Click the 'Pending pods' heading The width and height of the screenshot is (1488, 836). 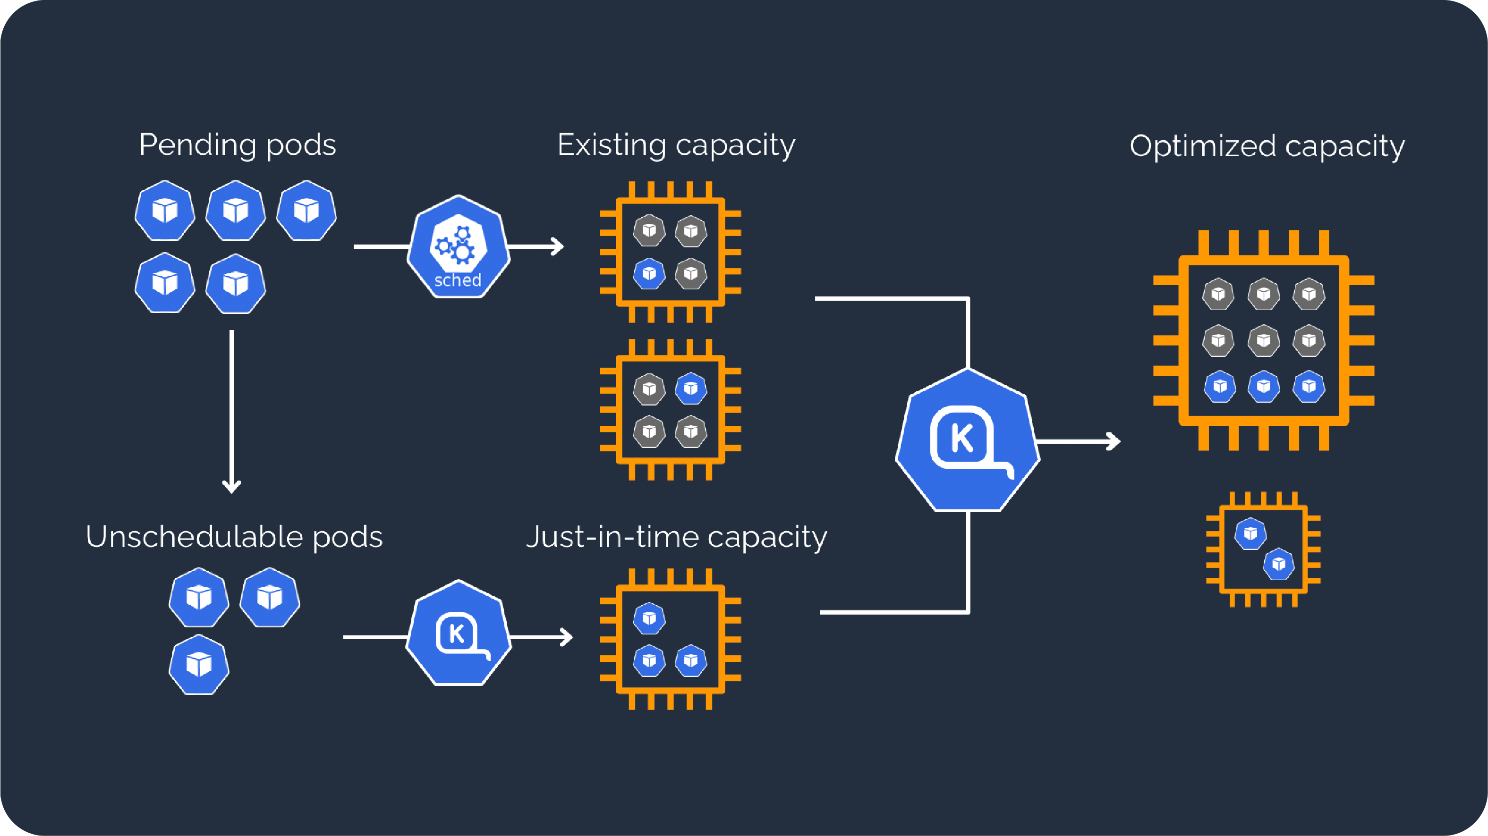coord(238,145)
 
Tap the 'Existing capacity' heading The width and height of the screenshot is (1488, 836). coord(676,145)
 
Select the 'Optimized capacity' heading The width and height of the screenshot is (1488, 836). coord(1267,146)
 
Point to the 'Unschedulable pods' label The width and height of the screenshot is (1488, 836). coord(234,537)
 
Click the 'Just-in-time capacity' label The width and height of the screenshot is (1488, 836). coord(676,537)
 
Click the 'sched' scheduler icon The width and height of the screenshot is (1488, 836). coord(459,247)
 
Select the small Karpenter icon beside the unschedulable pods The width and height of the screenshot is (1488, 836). coord(459,633)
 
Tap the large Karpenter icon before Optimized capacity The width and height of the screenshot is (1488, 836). coord(968,440)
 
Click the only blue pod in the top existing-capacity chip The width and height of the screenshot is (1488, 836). coord(649,274)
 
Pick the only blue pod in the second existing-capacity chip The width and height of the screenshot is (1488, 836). coord(691,388)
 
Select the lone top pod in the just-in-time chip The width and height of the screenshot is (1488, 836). coord(649,618)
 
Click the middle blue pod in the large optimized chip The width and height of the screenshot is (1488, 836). coord(1263,386)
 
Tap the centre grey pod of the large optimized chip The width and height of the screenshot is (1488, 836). coord(1263,340)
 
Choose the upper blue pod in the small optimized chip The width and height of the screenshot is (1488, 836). coord(1250,533)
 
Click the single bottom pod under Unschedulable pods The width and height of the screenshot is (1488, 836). coord(199,665)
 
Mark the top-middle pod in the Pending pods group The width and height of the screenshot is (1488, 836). coord(236,210)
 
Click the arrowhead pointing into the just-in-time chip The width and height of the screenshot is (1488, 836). coord(568,637)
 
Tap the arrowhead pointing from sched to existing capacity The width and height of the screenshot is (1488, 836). coord(559,246)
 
